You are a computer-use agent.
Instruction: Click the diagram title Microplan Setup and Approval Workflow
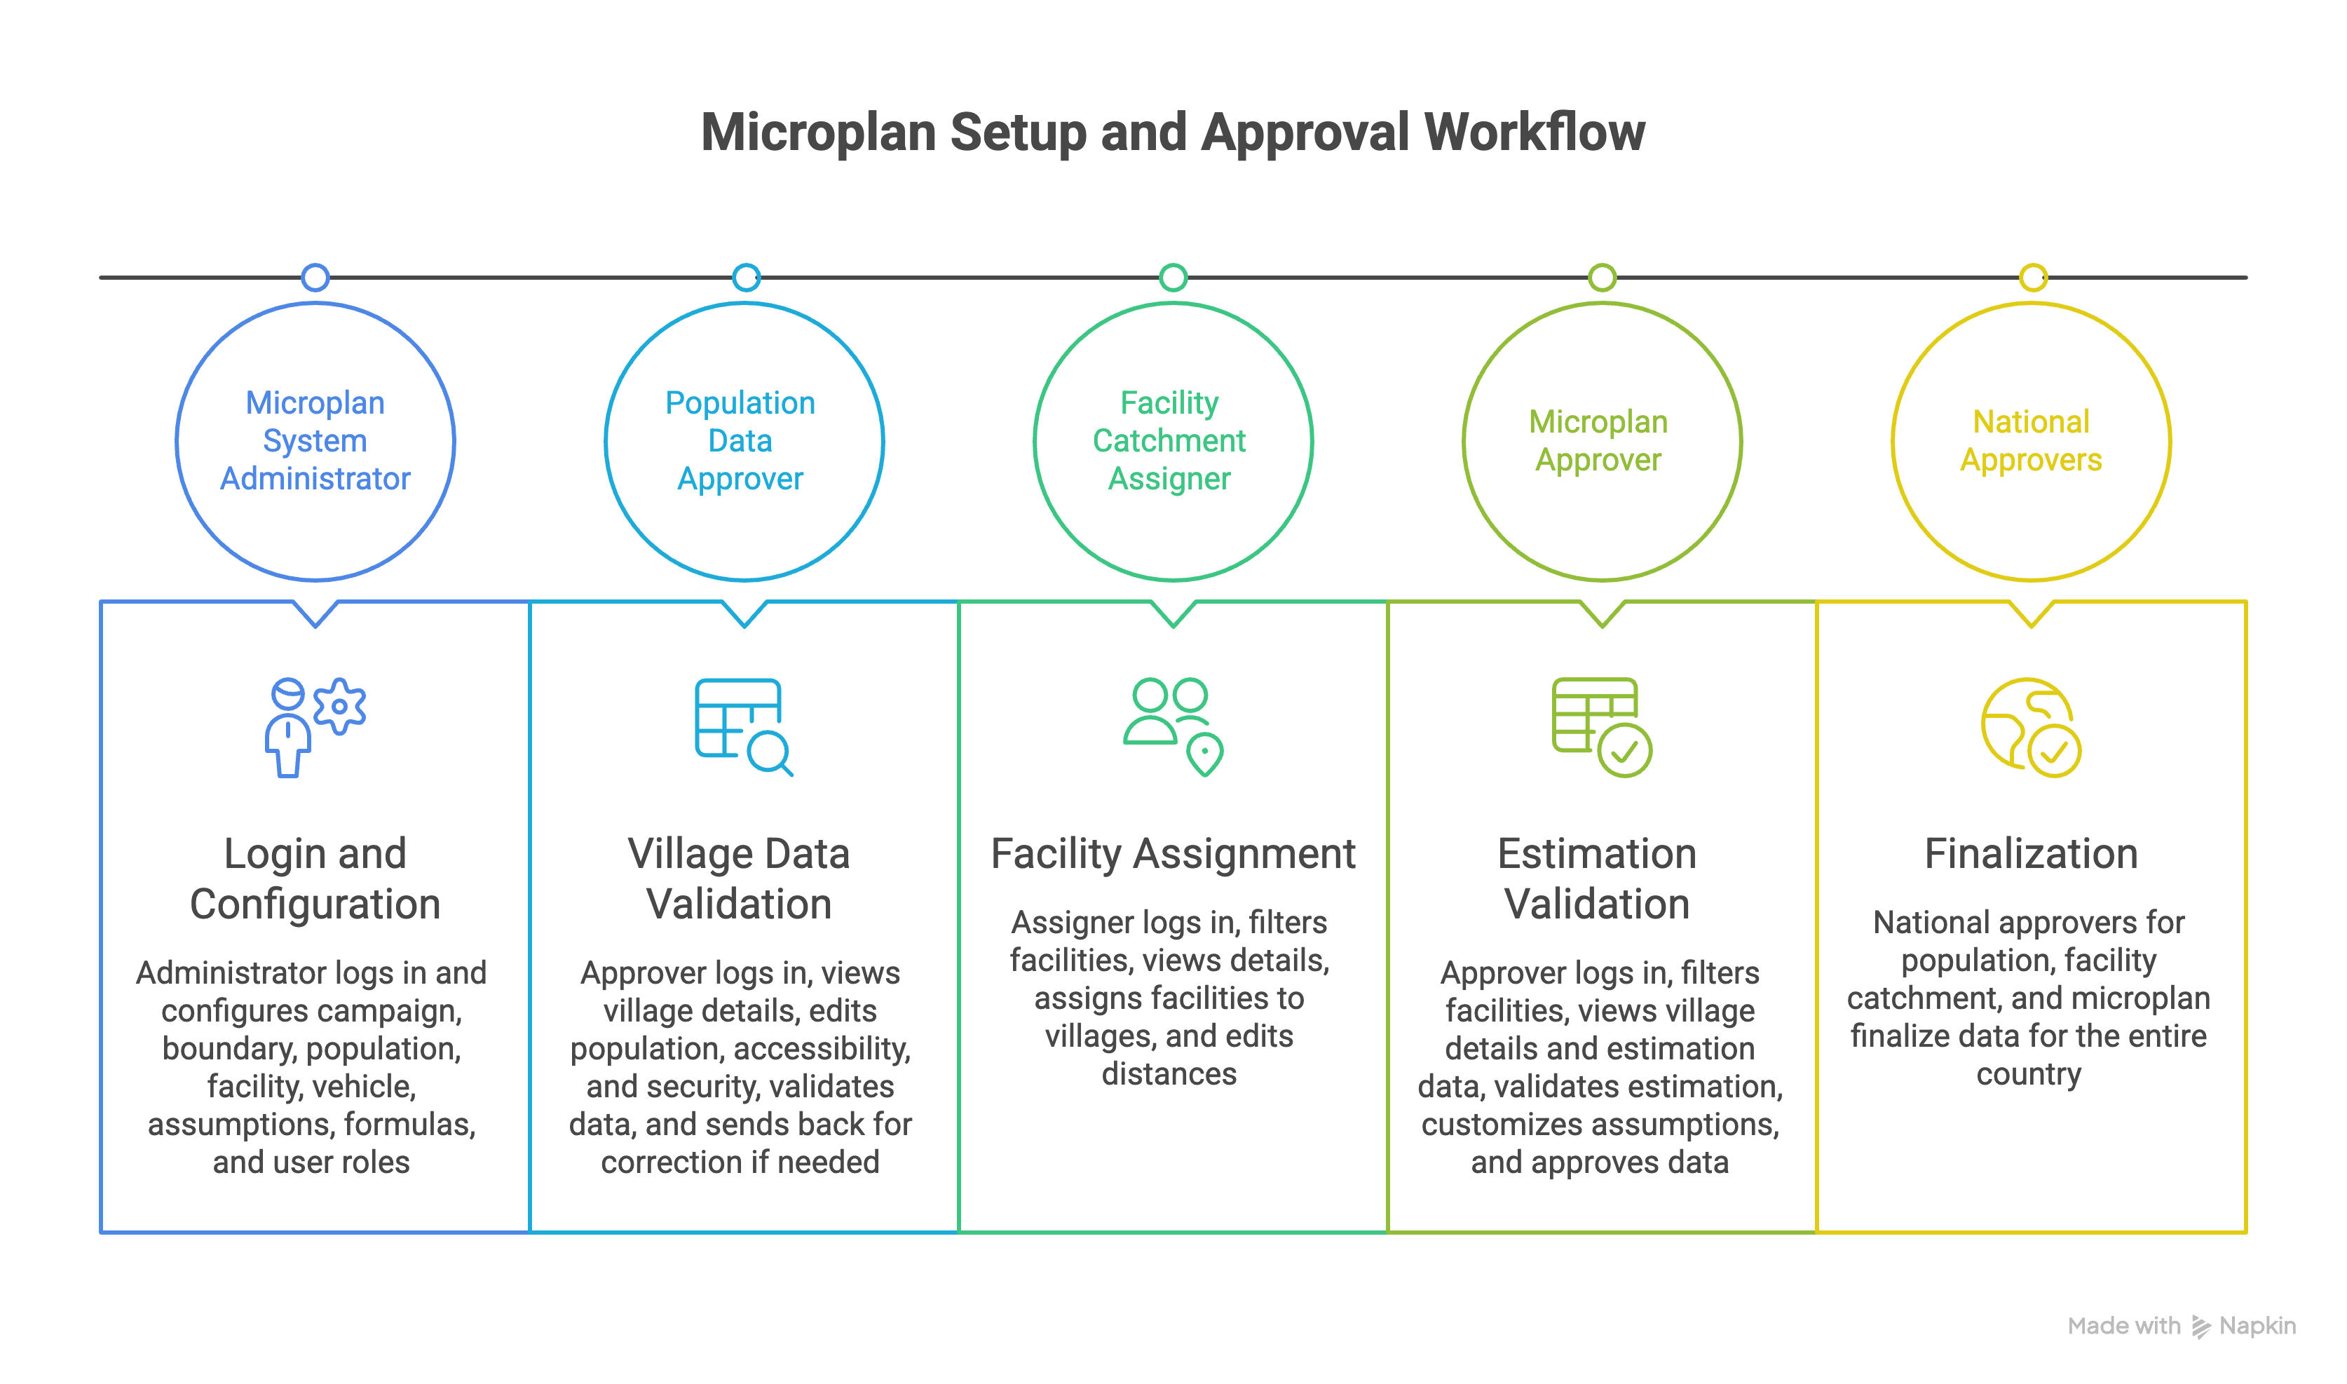click(1172, 133)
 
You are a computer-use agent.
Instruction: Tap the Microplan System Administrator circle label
click(315, 440)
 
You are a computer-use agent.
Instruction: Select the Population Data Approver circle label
click(740, 440)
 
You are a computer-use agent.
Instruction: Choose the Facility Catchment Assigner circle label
click(1169, 440)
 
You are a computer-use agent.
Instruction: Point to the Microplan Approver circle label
click(1598, 440)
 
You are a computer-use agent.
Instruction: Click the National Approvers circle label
click(2031, 440)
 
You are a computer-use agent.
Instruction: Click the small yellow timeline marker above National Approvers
click(2033, 277)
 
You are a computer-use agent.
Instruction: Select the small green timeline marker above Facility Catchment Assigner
click(1173, 277)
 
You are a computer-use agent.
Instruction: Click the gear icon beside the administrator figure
click(339, 706)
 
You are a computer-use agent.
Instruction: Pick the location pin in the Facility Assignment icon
click(1205, 754)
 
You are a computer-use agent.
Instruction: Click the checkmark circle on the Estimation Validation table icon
click(1624, 751)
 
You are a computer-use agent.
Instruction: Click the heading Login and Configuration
click(315, 878)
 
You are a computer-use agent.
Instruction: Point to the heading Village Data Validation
click(738, 878)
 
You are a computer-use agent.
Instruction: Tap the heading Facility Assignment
click(1172, 853)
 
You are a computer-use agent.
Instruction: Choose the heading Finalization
click(2031, 853)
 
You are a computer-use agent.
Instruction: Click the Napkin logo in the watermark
click(2200, 1327)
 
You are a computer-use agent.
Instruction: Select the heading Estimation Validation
click(1598, 878)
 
